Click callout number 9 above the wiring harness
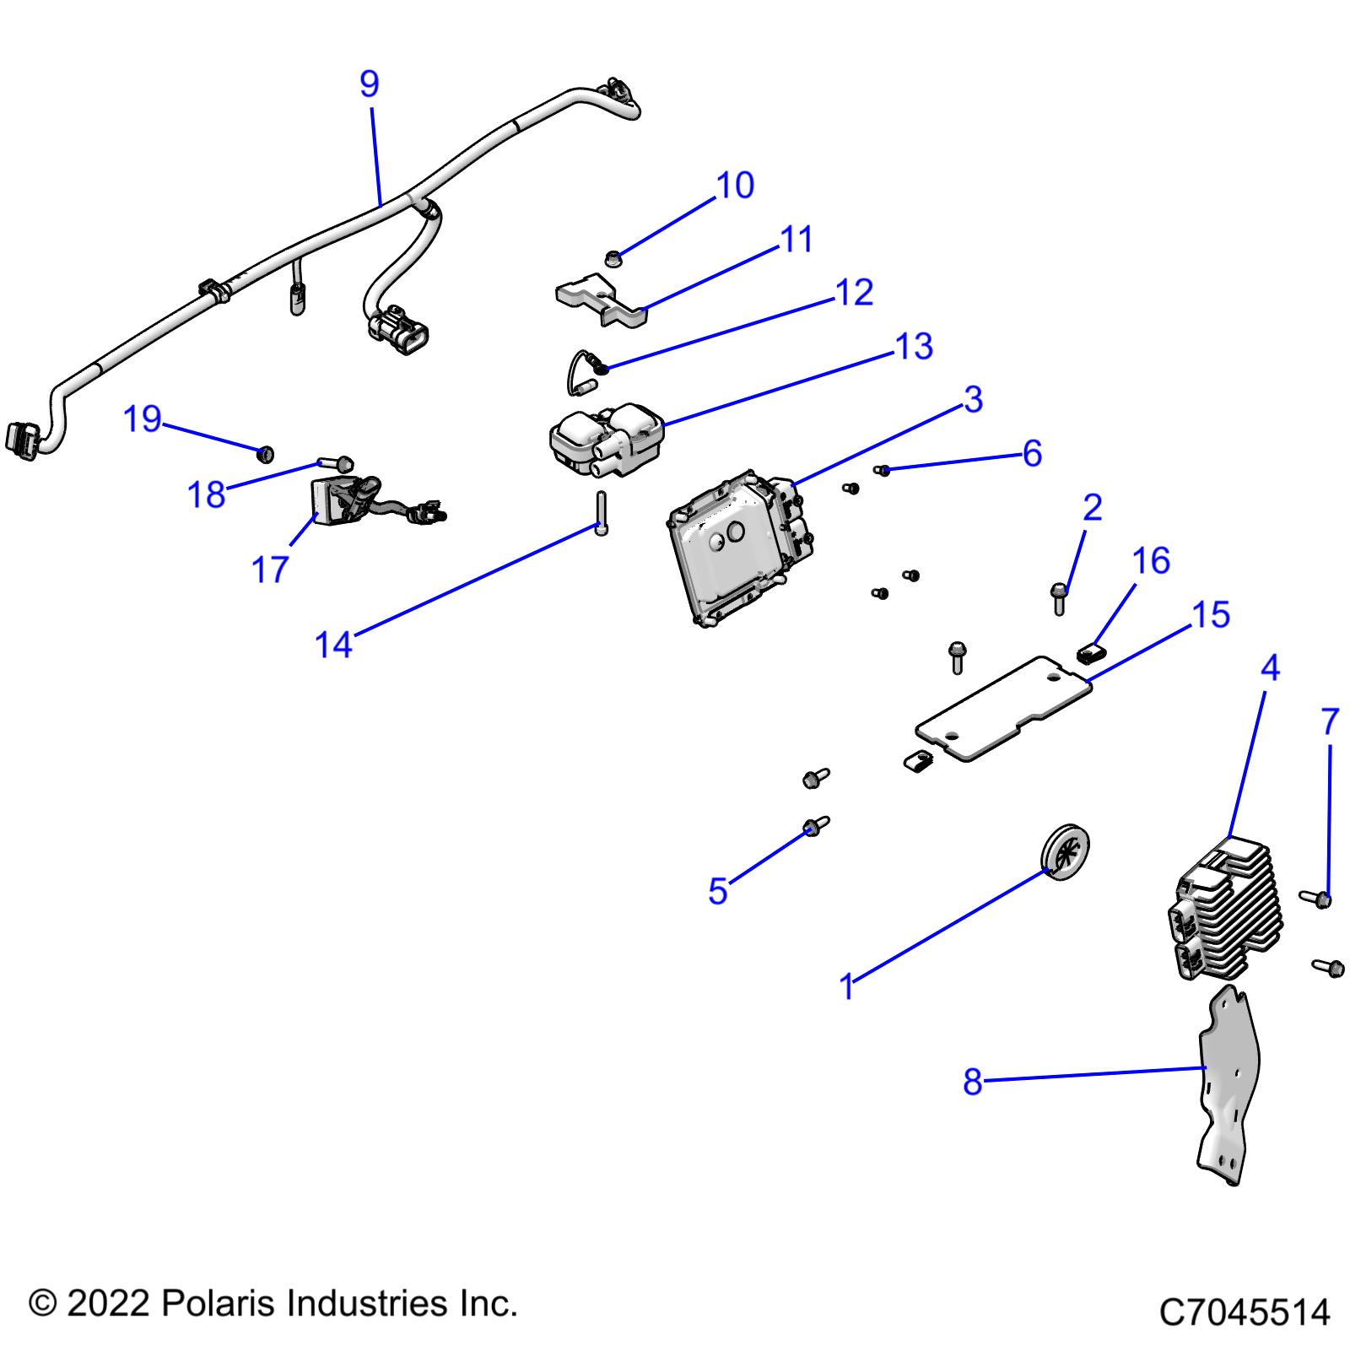point(369,84)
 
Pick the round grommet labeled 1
point(1066,853)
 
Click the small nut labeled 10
point(615,255)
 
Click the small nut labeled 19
point(265,455)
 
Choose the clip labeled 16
point(1092,651)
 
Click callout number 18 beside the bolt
point(206,494)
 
